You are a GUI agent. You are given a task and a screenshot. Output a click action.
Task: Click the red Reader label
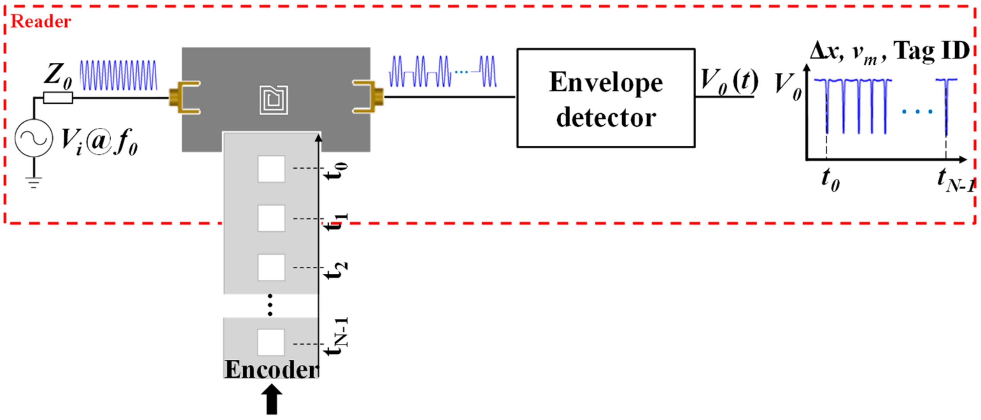point(41,21)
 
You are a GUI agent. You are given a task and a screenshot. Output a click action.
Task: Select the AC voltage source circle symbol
point(34,138)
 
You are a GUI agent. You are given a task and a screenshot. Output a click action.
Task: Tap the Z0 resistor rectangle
point(58,98)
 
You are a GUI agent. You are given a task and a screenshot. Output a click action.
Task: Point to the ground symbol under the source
point(34,182)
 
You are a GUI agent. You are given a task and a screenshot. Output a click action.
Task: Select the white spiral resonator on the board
point(273,100)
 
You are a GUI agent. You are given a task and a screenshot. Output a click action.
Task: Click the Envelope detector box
point(605,98)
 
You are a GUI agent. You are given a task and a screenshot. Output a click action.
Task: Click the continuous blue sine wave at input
point(118,76)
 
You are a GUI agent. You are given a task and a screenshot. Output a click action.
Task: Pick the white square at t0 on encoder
point(271,169)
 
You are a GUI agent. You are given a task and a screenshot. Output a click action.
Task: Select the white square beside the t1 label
point(271,218)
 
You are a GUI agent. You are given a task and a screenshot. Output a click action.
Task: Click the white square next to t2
point(271,267)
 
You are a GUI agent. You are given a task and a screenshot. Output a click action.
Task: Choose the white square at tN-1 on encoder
point(271,342)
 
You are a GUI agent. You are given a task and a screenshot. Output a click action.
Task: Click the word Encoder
point(271,369)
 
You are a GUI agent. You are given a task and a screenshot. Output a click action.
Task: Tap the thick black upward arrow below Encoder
point(271,399)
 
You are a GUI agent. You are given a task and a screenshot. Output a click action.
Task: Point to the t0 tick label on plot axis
point(830,179)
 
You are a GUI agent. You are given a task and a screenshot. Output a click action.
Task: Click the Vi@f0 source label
point(99,142)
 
